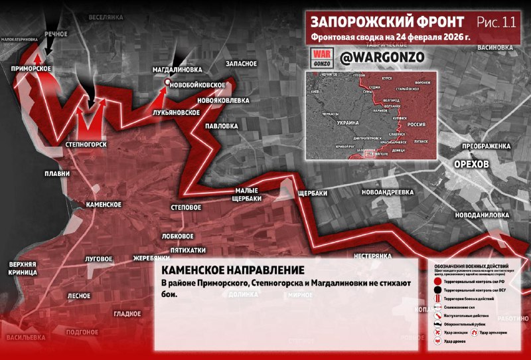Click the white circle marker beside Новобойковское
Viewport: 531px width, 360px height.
pyautogui.click(x=167, y=82)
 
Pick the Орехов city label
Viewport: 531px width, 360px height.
pyautogui.click(x=471, y=164)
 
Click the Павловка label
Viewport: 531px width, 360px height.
pyautogui.click(x=221, y=126)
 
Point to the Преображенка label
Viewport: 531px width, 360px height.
pyautogui.click(x=486, y=145)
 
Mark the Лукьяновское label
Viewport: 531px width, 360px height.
pyautogui.click(x=177, y=112)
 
